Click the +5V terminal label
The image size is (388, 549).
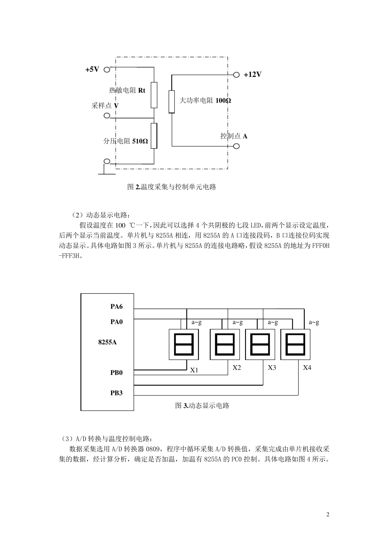click(x=92, y=69)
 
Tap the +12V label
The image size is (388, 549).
click(x=252, y=75)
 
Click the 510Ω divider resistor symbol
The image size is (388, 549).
click(x=154, y=136)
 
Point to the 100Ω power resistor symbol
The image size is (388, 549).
click(x=172, y=101)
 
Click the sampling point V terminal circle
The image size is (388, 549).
click(x=107, y=116)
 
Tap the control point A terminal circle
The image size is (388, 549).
click(x=236, y=146)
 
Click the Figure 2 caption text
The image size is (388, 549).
click(x=172, y=187)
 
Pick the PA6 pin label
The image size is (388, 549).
click(x=116, y=307)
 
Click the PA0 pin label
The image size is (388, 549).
click(x=116, y=322)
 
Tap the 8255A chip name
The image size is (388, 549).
click(x=107, y=342)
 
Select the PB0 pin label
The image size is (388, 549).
click(x=116, y=373)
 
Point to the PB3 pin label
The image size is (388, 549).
click(x=116, y=393)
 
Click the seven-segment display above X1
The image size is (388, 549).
click(x=183, y=344)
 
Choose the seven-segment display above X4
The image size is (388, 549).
click(x=295, y=344)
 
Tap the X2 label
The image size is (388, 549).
click(x=237, y=368)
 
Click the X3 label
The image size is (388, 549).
click(x=272, y=368)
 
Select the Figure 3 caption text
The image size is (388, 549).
click(x=202, y=406)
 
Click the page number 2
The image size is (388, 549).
click(x=328, y=514)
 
